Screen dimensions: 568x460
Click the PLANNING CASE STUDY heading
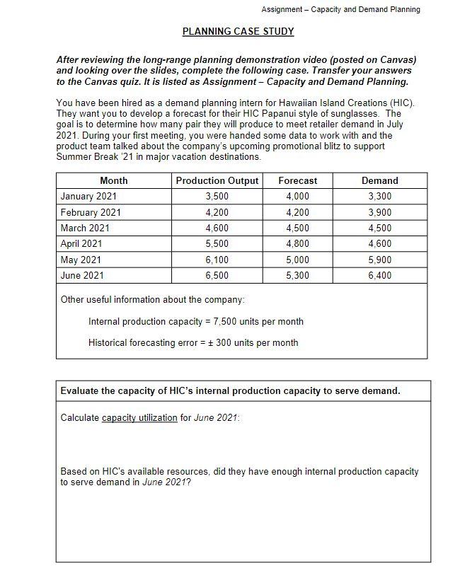[238, 31]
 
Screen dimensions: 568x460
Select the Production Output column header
[217, 181]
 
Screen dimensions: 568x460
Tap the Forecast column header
[297, 181]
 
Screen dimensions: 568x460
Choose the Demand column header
[380, 181]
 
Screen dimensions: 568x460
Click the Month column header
[114, 181]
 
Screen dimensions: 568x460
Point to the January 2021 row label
[88, 197]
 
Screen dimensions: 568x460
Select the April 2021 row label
[81, 244]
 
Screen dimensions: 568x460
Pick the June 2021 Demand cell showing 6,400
[380, 275]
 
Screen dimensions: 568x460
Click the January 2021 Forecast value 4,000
[297, 197]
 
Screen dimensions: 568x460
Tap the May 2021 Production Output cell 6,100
[217, 260]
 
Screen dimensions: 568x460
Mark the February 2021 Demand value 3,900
[380, 212]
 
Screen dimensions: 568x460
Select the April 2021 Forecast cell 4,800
[297, 244]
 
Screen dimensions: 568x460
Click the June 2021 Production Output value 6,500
[217, 275]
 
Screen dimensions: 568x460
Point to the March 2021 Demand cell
[380, 228]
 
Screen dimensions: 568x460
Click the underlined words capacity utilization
[139, 418]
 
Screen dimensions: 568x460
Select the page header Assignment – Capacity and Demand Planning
[340, 9]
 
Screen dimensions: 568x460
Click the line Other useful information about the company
[152, 300]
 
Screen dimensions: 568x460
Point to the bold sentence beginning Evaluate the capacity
[230, 390]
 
